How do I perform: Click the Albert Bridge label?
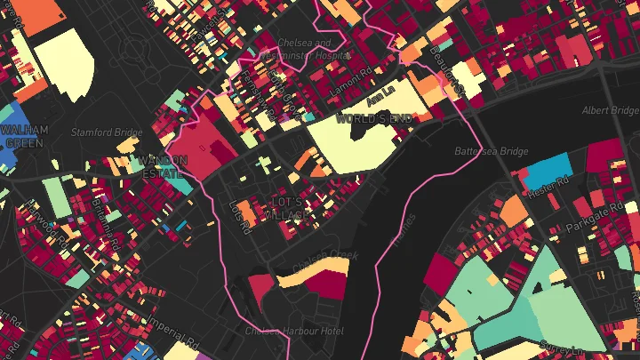(609, 111)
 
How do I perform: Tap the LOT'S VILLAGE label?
(290, 210)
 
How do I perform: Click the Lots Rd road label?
(236, 211)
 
